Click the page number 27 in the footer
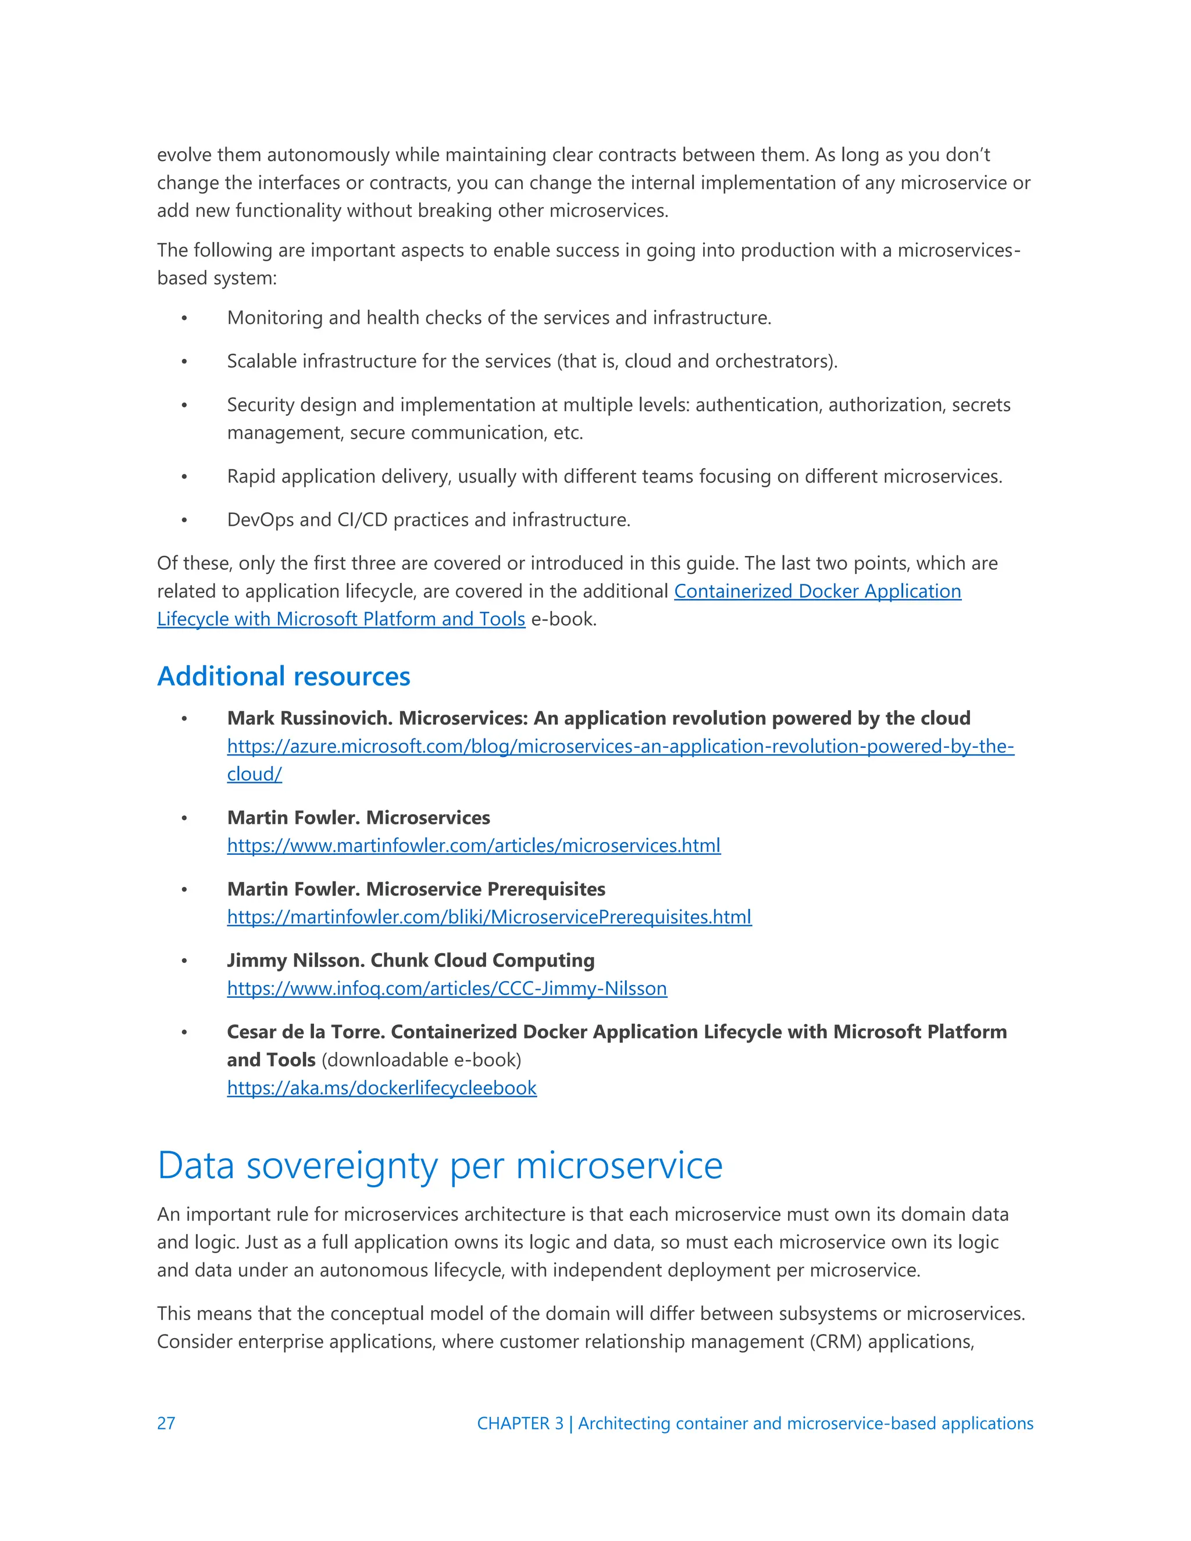[x=166, y=1423]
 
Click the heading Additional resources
[x=284, y=676]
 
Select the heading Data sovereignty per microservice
[x=440, y=1165]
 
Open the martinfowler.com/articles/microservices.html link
[x=473, y=846]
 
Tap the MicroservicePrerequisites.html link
[x=489, y=916]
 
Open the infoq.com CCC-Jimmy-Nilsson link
[x=447, y=988]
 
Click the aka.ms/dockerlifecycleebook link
[x=381, y=1087]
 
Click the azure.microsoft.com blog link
[x=620, y=746]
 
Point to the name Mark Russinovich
[x=310, y=718]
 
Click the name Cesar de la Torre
[x=305, y=1032]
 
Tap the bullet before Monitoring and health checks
[x=184, y=318]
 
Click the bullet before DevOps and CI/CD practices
[x=184, y=520]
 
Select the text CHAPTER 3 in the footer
[x=520, y=1423]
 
